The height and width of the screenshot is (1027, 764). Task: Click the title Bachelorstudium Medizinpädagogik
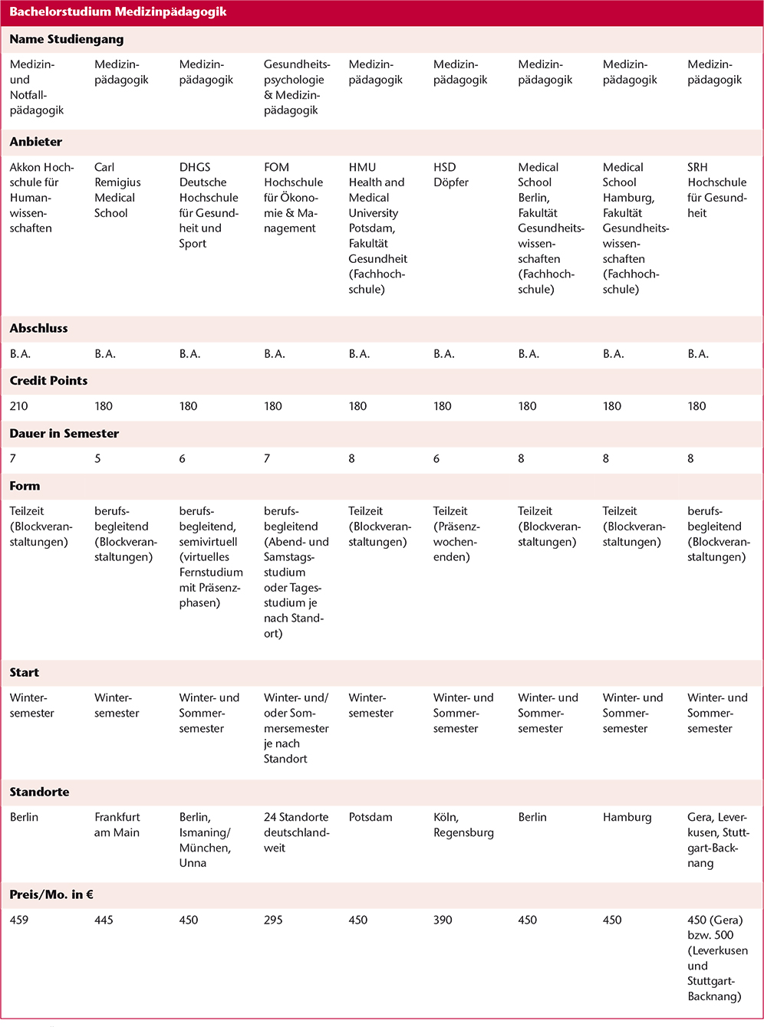click(117, 12)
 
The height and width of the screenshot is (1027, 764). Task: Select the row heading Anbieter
click(36, 142)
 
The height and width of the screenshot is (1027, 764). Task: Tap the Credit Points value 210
click(19, 406)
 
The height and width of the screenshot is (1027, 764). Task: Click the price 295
click(273, 920)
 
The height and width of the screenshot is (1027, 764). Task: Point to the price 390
click(443, 920)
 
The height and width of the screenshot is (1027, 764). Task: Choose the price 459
click(19, 920)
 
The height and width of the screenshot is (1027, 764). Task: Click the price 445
click(104, 920)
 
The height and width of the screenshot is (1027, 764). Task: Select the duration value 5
click(97, 458)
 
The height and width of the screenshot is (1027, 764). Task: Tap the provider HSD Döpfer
click(451, 175)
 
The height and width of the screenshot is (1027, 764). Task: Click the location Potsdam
click(370, 817)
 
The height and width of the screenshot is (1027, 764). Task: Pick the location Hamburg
click(627, 817)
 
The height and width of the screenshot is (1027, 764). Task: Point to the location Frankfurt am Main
click(117, 825)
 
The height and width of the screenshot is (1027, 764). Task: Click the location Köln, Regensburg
click(463, 825)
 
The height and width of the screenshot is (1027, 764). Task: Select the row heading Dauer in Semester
click(64, 433)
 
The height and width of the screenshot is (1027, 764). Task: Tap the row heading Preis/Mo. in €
click(51, 894)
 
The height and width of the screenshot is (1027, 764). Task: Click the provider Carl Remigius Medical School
click(117, 190)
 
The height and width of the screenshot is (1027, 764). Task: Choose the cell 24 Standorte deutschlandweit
click(296, 832)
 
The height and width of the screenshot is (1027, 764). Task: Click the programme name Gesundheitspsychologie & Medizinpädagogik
click(297, 87)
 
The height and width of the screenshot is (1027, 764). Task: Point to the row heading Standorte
click(39, 792)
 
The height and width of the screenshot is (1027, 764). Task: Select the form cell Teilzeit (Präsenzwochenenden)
click(456, 534)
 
